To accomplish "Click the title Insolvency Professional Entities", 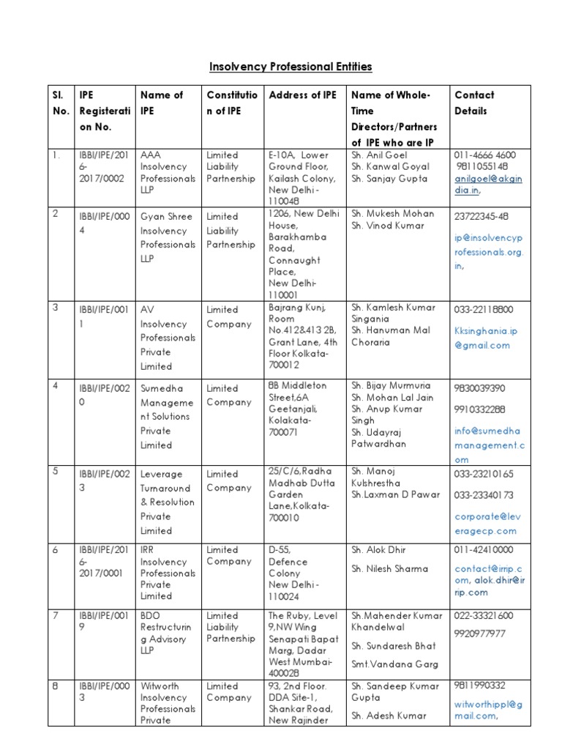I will tap(291, 67).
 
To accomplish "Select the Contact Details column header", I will tap(474, 103).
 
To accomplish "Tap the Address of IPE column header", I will tap(303, 94).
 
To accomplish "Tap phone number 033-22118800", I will tap(484, 310).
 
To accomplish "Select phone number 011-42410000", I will tap(484, 550).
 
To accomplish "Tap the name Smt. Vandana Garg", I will tap(394, 664).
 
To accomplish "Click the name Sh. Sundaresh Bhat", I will tap(394, 646).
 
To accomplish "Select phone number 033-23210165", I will tap(484, 475).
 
